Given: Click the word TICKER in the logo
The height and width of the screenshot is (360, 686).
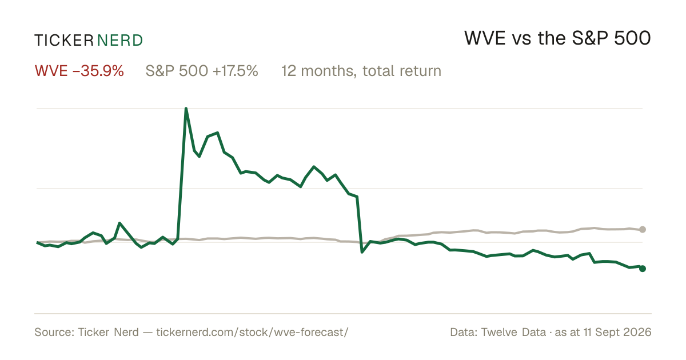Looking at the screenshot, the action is (63, 41).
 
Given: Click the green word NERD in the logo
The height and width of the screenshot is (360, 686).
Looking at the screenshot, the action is (120, 41).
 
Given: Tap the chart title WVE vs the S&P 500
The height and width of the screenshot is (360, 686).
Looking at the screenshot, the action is (557, 38).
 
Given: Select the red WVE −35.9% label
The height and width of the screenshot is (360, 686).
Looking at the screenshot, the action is (79, 71).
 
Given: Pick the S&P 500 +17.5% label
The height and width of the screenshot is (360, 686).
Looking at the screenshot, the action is (202, 71).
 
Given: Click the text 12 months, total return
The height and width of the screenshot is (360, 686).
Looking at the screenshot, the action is (361, 71).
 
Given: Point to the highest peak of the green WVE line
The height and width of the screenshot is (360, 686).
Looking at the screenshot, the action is (186, 109).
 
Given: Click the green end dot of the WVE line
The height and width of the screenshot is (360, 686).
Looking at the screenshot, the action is (643, 269).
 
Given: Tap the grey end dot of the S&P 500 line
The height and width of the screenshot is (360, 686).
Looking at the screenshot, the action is (643, 229).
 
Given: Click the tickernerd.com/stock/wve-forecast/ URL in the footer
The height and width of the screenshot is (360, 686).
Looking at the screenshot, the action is (252, 332).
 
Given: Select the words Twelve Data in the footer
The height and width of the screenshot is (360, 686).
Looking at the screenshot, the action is (513, 332).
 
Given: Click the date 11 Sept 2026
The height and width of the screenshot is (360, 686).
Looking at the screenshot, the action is (617, 332).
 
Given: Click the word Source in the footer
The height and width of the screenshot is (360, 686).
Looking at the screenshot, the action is (54, 332).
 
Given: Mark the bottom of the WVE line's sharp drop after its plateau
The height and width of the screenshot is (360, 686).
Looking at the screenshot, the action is (362, 252).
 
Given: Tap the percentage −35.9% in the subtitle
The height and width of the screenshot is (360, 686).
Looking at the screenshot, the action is (98, 71).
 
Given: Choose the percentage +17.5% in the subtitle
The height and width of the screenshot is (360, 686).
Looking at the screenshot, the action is (235, 71).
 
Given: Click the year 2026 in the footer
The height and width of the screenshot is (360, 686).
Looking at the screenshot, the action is (638, 332).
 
